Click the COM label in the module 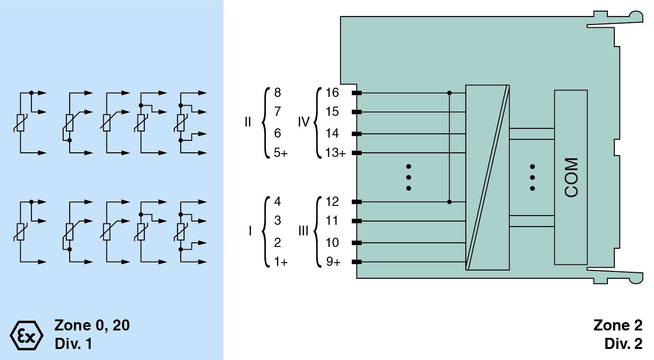point(571,178)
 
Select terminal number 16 point(332,93)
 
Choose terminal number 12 point(332,202)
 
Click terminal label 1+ point(280,262)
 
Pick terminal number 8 point(277,93)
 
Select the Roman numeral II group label point(248,123)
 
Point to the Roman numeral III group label point(303,232)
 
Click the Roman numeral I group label point(250,232)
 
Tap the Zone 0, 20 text point(92,325)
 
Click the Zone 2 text point(617,325)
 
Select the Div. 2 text point(623,344)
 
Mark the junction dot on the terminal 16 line point(450,93)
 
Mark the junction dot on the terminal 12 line point(450,202)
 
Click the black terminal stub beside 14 point(357,134)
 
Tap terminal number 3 point(277,221)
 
